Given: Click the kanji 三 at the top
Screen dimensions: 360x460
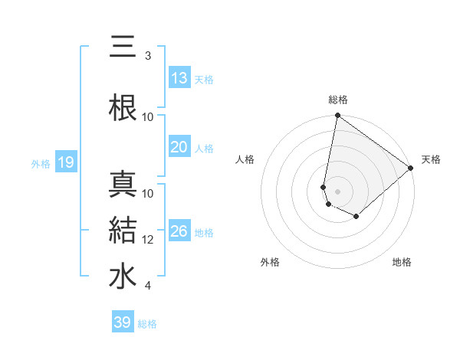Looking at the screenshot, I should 123,47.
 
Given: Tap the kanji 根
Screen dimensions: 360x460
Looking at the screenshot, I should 123,106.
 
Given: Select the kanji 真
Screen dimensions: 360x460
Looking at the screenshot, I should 123,185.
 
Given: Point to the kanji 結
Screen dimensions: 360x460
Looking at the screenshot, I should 123,230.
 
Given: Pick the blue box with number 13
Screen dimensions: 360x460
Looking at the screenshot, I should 179,77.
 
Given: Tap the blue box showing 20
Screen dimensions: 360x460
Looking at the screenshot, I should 179,147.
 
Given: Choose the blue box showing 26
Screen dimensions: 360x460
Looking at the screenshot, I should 179,231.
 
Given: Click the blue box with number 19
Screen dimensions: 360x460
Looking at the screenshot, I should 65,162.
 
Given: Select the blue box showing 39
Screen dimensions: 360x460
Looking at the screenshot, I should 123,322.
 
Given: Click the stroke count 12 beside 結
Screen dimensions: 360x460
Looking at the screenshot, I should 148,240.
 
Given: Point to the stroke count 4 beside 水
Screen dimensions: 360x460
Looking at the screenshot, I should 147,286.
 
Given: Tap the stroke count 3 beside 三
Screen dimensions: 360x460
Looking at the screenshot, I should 147,56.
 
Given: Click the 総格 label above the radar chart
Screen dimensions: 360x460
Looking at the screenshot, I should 338,100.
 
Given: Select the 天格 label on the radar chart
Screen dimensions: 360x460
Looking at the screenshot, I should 431,159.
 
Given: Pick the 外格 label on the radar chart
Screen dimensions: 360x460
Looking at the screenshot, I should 270,263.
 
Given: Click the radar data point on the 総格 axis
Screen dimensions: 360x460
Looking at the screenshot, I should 337,116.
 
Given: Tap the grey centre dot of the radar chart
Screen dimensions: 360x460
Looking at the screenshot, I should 337,191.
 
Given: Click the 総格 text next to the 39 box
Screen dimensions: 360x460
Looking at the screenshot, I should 147,323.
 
